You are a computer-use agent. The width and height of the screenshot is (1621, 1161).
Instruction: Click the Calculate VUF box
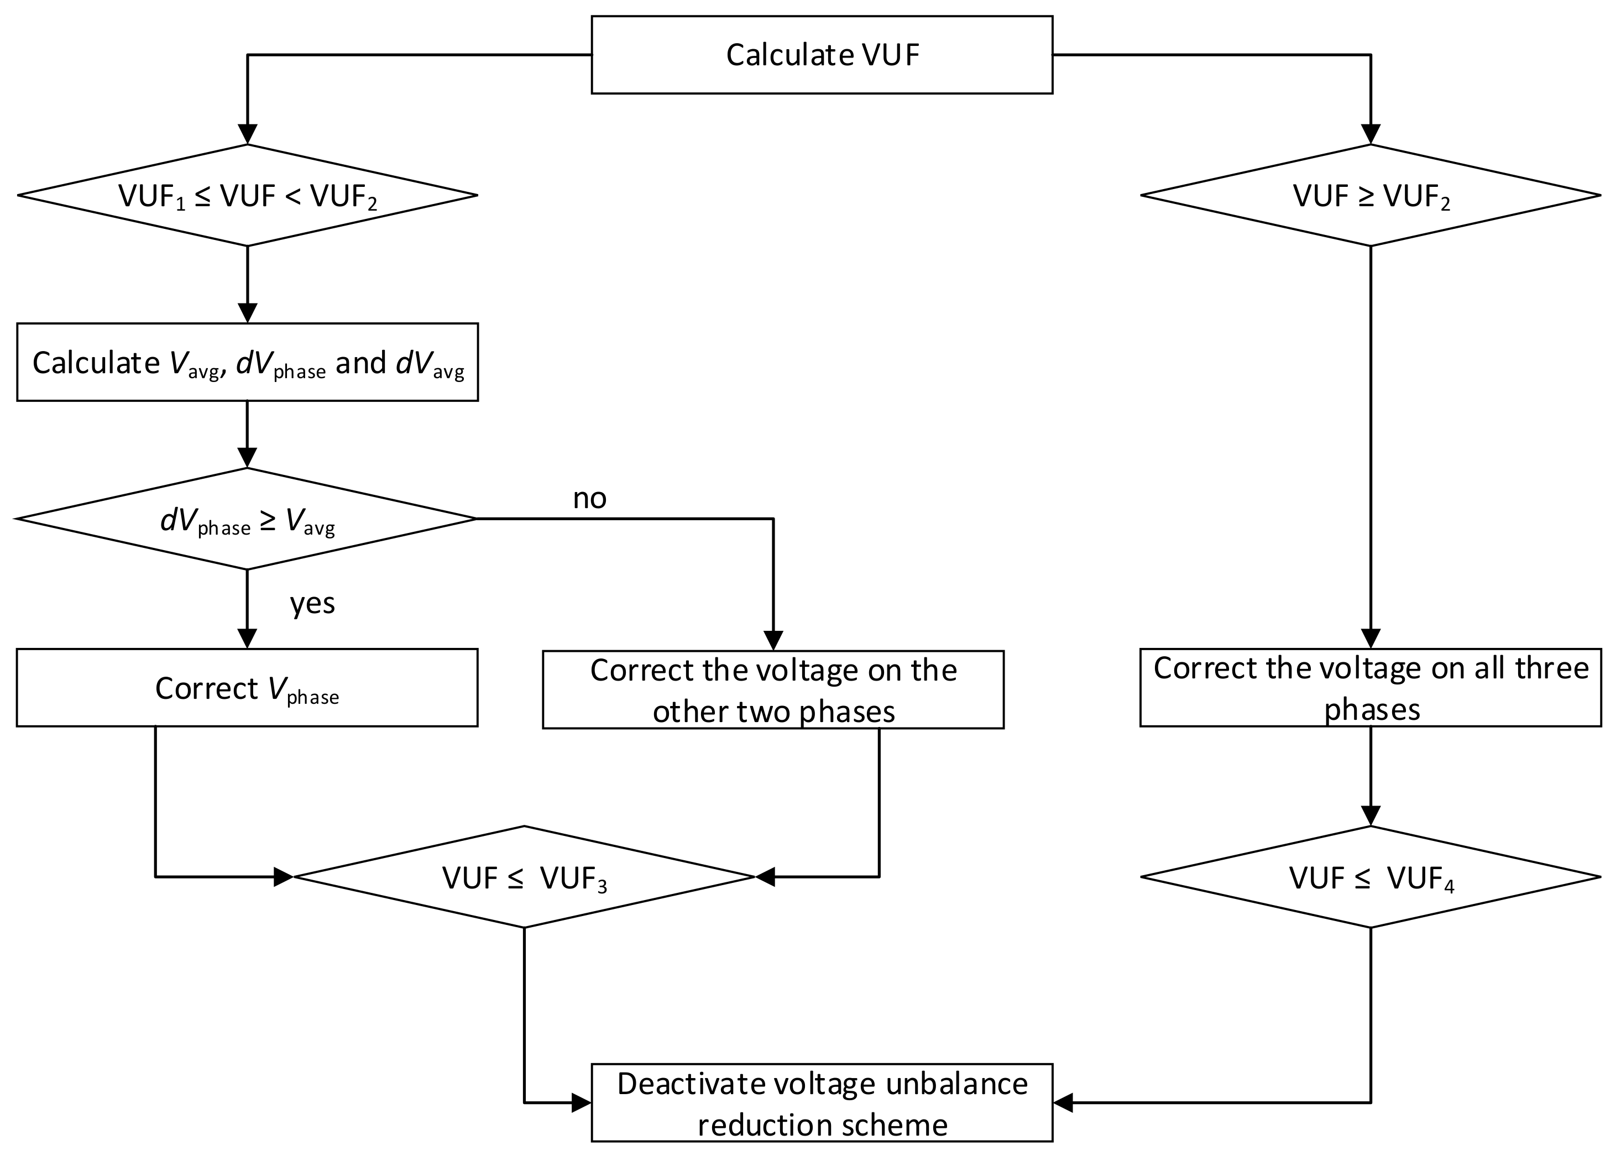[822, 55]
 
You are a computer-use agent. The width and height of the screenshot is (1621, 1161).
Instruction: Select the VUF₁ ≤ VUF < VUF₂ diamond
[247, 195]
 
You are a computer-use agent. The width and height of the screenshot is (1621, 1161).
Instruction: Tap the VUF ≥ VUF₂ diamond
[1370, 195]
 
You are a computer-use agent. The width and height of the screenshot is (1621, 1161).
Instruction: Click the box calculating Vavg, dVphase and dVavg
[247, 363]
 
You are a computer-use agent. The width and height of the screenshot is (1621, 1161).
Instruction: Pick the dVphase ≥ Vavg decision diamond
[247, 520]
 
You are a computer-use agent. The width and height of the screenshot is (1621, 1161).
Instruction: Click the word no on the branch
[590, 498]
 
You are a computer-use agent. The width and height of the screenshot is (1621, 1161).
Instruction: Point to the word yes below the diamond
[312, 603]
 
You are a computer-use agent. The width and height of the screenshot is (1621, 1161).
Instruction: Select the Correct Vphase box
[247, 688]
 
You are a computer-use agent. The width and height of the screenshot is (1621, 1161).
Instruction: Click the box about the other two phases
[773, 690]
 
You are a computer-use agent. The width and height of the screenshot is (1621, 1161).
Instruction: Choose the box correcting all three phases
[1370, 688]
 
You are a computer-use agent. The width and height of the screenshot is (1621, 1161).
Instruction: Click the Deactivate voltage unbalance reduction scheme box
[822, 1103]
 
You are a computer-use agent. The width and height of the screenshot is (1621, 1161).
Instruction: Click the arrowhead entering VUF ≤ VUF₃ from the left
[284, 876]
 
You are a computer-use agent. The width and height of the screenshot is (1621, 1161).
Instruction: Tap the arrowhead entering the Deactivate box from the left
[581, 1103]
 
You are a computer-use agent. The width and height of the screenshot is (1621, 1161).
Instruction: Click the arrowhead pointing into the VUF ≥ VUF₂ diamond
[1370, 134]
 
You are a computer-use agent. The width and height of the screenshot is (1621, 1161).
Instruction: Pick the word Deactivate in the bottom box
[686, 1084]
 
